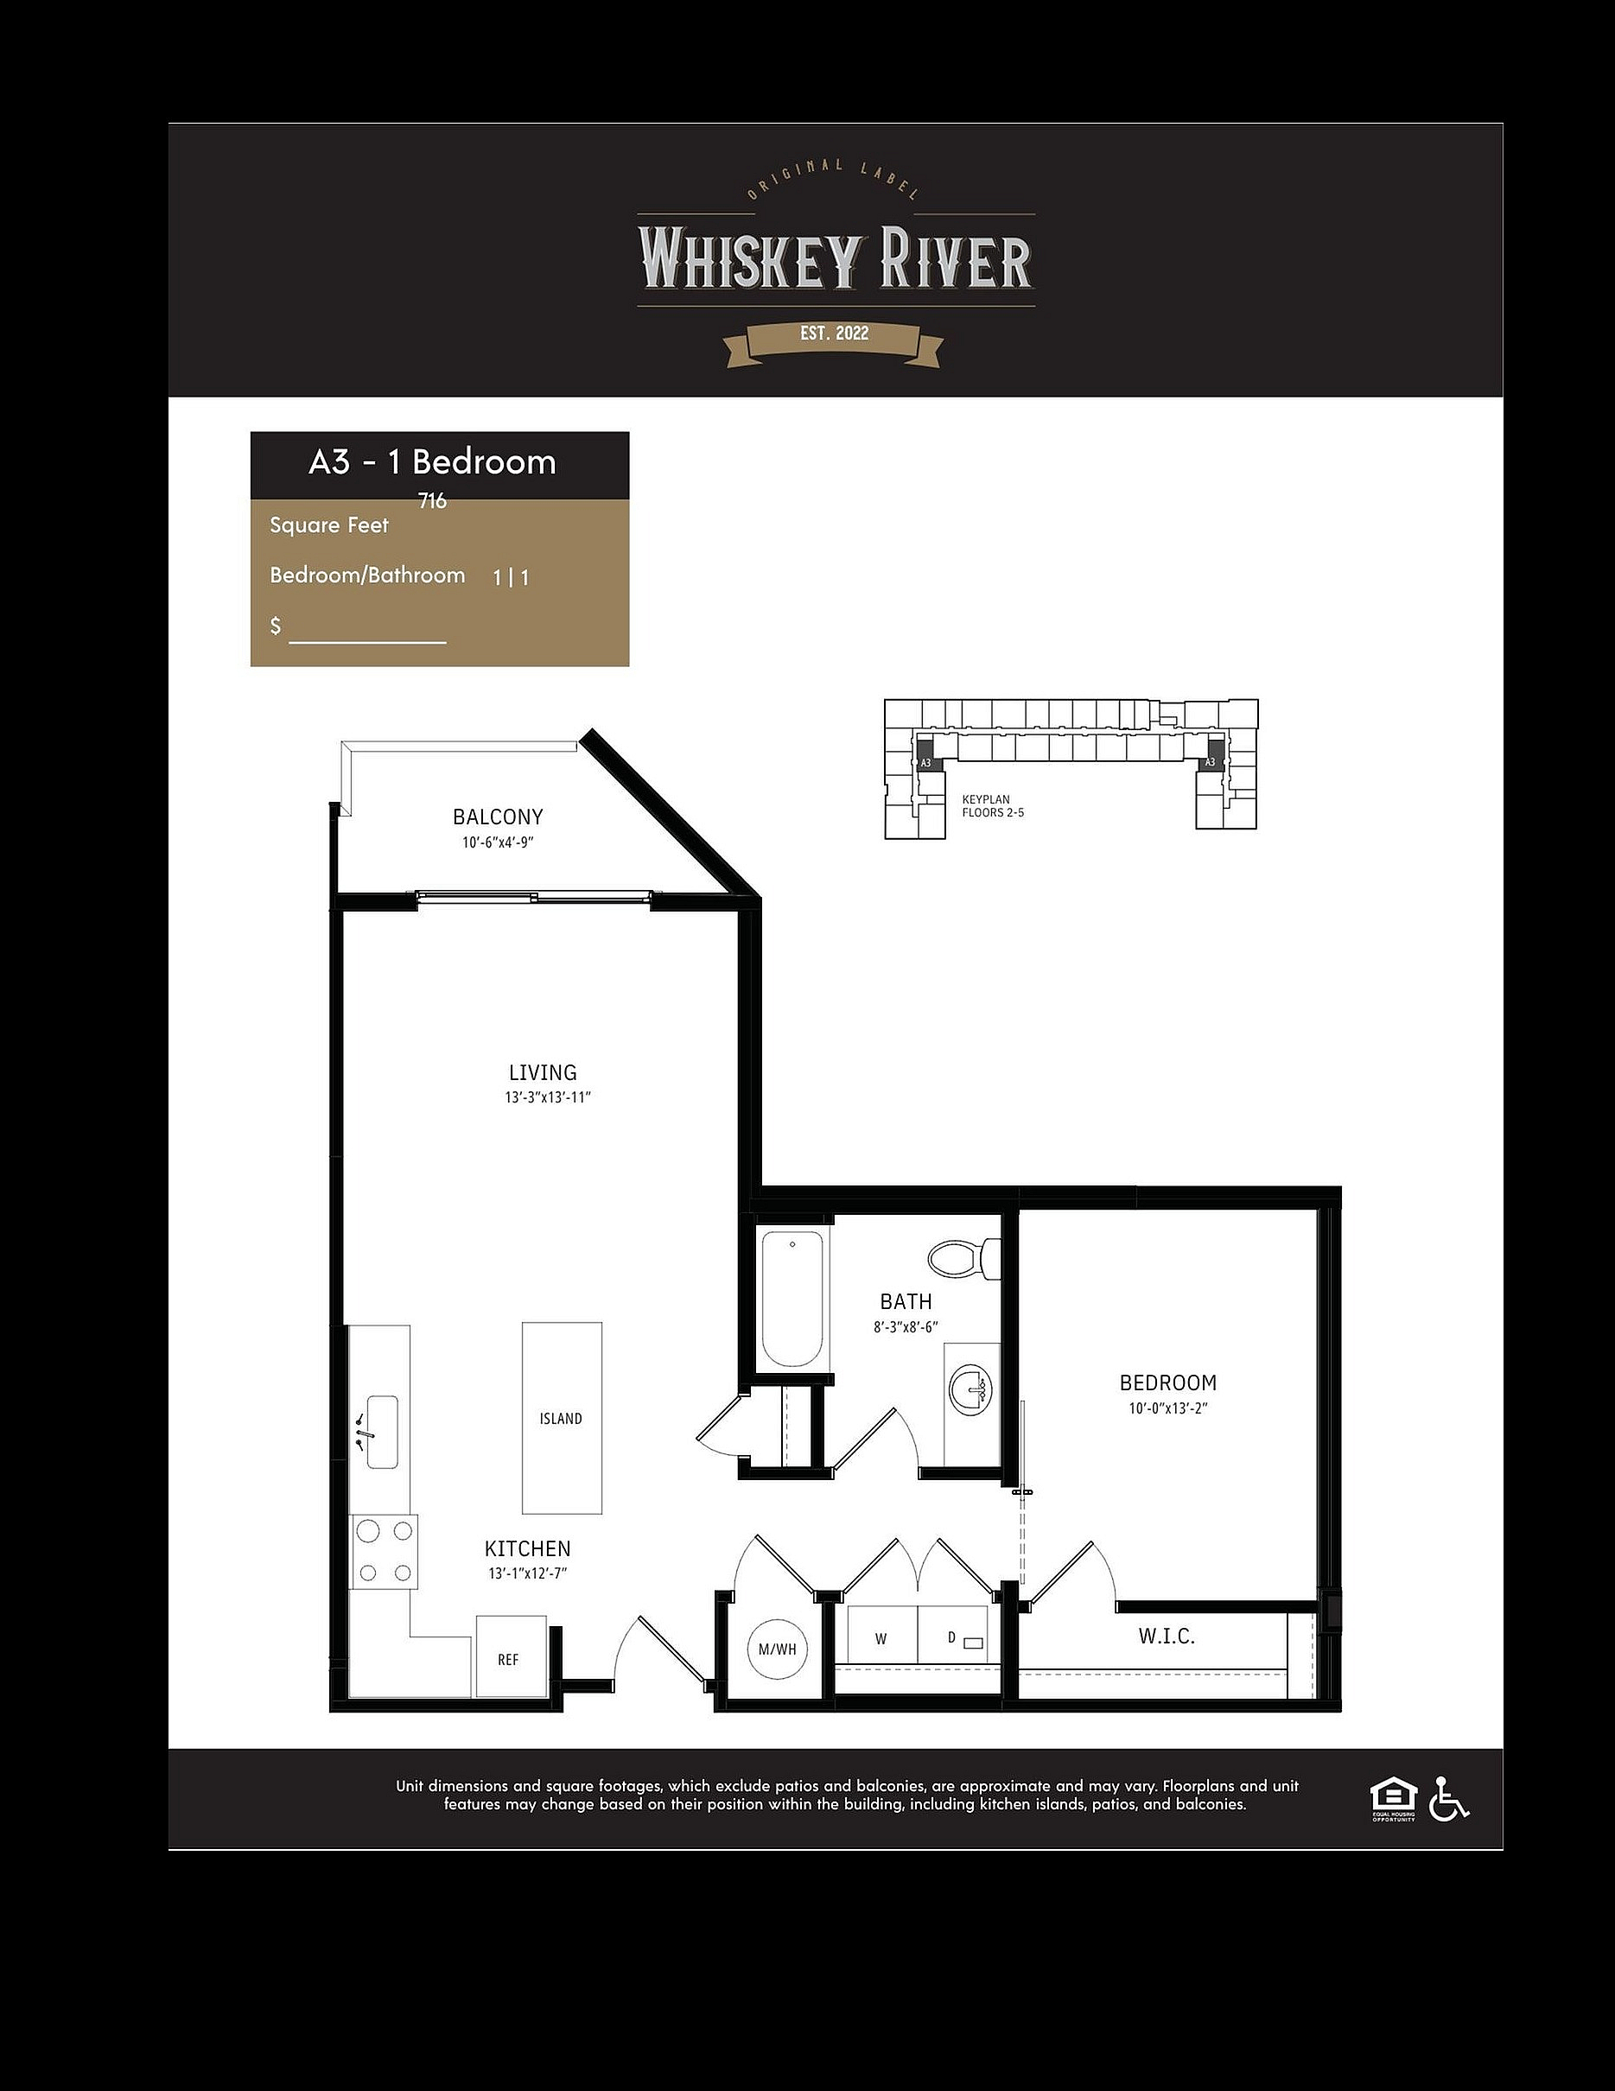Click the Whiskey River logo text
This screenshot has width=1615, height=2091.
point(835,258)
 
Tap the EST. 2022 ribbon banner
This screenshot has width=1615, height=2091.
point(834,343)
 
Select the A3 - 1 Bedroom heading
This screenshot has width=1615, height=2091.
point(433,462)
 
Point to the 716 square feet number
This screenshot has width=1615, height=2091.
point(433,501)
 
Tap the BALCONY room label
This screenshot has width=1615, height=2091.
point(498,817)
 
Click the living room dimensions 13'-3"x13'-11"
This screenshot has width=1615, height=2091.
point(549,1097)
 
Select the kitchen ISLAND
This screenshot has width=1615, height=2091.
point(562,1418)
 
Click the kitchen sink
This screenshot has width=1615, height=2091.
point(382,1432)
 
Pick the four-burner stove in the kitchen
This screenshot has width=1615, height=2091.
point(384,1552)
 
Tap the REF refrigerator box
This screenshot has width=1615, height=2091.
point(512,1656)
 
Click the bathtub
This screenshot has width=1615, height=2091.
point(792,1300)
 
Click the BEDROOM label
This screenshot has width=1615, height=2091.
point(1168,1382)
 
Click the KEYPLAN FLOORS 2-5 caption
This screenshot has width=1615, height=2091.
point(993,806)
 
